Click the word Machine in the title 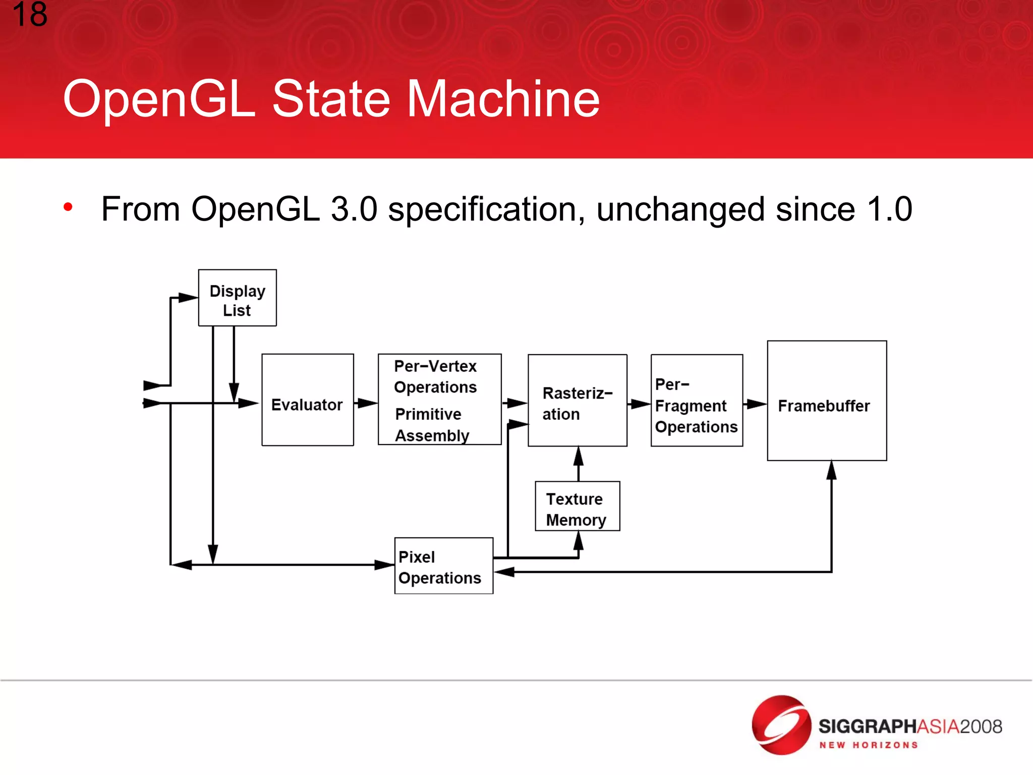pyautogui.click(x=503, y=99)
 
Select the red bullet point pyautogui.click(x=68, y=207)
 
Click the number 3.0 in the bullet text pyautogui.click(x=354, y=209)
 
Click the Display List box pyautogui.click(x=237, y=298)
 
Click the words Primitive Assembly pyautogui.click(x=431, y=425)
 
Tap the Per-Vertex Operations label pyautogui.click(x=435, y=376)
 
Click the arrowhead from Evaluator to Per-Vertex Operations pyautogui.click(x=368, y=403)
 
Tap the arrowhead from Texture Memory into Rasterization pyautogui.click(x=579, y=456)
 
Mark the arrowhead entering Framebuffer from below pyautogui.click(x=831, y=470)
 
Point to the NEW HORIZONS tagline pyautogui.click(x=868, y=745)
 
